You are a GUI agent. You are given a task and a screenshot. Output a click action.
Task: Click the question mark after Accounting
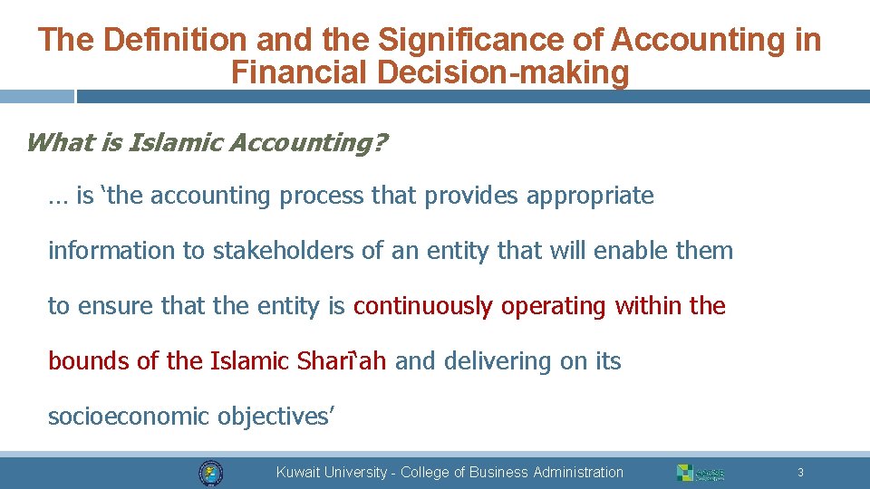pyautogui.click(x=378, y=142)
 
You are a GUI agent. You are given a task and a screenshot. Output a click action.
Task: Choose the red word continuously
pyautogui.click(x=423, y=306)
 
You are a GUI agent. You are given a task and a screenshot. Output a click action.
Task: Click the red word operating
pyautogui.click(x=553, y=306)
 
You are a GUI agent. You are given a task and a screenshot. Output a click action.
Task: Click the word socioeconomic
pyautogui.click(x=130, y=417)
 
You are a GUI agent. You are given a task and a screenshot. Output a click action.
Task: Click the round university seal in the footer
pyautogui.click(x=211, y=473)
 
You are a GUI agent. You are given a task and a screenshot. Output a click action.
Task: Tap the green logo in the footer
pyautogui.click(x=701, y=473)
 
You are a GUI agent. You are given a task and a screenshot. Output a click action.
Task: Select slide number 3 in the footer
pyautogui.click(x=800, y=473)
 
